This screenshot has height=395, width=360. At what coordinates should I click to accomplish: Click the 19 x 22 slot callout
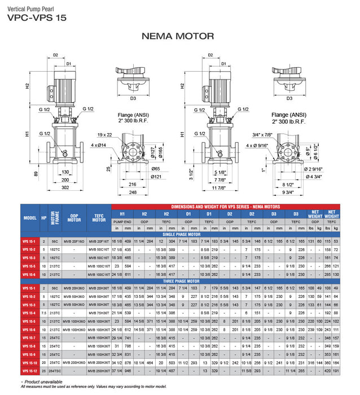click(x=105, y=135)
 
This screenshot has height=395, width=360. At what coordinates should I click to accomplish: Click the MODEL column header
click(x=29, y=217)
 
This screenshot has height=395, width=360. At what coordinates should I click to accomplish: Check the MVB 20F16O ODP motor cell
click(x=77, y=241)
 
